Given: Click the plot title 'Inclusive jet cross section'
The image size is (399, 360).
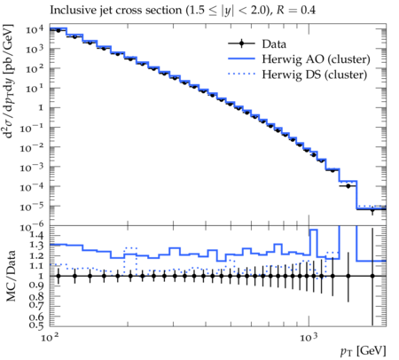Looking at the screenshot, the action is [x=116, y=10].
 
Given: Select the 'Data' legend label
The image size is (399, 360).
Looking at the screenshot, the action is [x=274, y=44].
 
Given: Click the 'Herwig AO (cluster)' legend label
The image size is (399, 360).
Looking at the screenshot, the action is [x=316, y=59].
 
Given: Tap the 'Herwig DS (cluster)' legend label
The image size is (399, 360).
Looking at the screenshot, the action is [x=315, y=74].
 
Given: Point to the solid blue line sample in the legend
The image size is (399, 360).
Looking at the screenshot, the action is [x=241, y=59].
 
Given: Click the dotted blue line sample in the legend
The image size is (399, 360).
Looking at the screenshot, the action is [x=241, y=74].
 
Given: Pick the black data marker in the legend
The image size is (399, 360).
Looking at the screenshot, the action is [x=241, y=43].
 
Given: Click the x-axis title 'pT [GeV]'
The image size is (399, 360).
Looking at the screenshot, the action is [x=364, y=351].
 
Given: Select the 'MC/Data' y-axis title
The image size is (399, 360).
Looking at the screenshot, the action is [x=11, y=276].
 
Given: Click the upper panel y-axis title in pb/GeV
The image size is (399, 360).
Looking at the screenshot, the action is [x=9, y=82].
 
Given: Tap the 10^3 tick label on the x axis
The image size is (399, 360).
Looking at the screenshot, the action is [x=309, y=337].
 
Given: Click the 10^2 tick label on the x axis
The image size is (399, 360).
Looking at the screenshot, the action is [x=50, y=337].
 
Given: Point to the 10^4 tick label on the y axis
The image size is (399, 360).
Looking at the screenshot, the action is [x=35, y=29].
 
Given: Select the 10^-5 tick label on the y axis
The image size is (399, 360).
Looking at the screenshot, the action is [x=32, y=207].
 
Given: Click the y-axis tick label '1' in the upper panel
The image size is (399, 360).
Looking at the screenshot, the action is [x=41, y=108].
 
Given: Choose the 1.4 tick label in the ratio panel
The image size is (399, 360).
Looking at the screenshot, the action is [x=36, y=236].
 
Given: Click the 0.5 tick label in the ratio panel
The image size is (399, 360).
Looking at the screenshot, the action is [x=36, y=325].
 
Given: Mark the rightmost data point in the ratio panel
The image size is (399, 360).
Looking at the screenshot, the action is [x=372, y=276].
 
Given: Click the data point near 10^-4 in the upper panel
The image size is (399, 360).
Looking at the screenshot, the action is [x=348, y=186].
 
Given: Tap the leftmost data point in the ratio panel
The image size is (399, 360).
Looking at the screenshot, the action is [x=59, y=276].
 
